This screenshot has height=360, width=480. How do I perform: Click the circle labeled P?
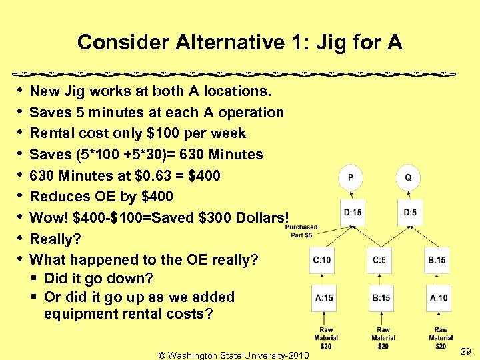coord(351,178)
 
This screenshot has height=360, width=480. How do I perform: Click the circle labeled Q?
coord(408,178)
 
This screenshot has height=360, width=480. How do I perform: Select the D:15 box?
coord(353,213)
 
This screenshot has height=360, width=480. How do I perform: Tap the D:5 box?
coord(410,213)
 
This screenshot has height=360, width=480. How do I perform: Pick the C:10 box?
coord(323,260)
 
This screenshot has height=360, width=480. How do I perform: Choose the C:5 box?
coord(380,260)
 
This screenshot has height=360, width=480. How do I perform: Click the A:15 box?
coord(325,297)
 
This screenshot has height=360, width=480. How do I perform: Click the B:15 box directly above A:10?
coord(437,260)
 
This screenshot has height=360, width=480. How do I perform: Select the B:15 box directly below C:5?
coord(381,297)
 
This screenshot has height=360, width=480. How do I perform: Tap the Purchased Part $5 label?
coord(301,231)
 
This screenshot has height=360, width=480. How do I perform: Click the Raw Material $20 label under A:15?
coord(326,338)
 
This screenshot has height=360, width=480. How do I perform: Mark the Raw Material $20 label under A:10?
coord(440,338)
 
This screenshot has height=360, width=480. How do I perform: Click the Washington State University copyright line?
coord(234,355)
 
